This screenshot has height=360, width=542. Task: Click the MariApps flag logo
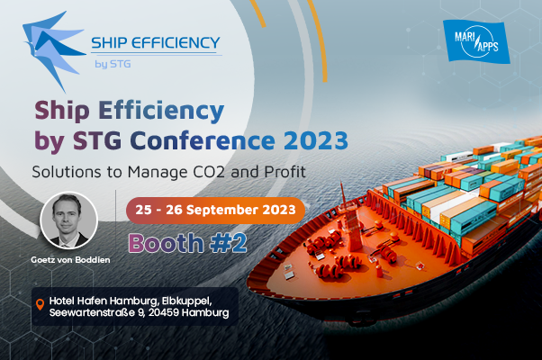pyautogui.click(x=476, y=41)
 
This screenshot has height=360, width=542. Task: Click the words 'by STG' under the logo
pyautogui.click(x=113, y=64)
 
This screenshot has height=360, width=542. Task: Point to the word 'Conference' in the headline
pyautogui.click(x=203, y=140)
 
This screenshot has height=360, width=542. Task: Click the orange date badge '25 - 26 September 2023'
pyautogui.click(x=215, y=210)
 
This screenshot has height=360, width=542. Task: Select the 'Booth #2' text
pyautogui.click(x=187, y=243)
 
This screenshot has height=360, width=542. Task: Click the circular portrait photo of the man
pyautogui.click(x=68, y=220)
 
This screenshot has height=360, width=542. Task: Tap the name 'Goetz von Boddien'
pyautogui.click(x=70, y=260)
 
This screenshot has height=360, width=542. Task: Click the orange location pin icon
pyautogui.click(x=41, y=305)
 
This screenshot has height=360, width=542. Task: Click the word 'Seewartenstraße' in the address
pyautogui.click(x=92, y=312)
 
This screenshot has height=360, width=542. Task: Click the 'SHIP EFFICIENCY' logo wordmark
pyautogui.click(x=156, y=43)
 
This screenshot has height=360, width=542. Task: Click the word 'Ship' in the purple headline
pyautogui.click(x=62, y=111)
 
